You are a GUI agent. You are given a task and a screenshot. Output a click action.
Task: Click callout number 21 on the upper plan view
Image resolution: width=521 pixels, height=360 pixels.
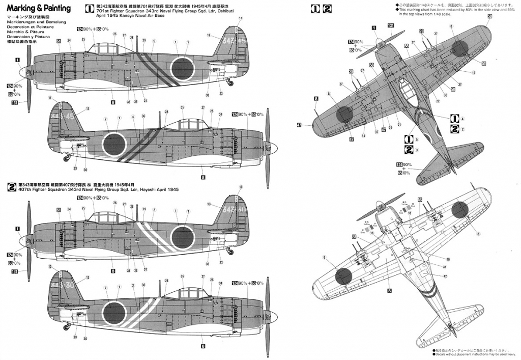[399, 124]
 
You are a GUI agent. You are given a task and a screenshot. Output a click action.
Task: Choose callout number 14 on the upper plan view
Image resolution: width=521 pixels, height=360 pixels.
[363, 136]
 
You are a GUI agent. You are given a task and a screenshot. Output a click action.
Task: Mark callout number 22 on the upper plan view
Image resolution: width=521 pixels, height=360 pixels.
[438, 101]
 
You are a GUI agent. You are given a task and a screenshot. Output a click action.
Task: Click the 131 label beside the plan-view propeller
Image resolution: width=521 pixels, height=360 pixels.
[390, 25]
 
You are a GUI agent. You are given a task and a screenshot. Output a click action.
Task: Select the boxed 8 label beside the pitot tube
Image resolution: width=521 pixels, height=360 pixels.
[316, 98]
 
